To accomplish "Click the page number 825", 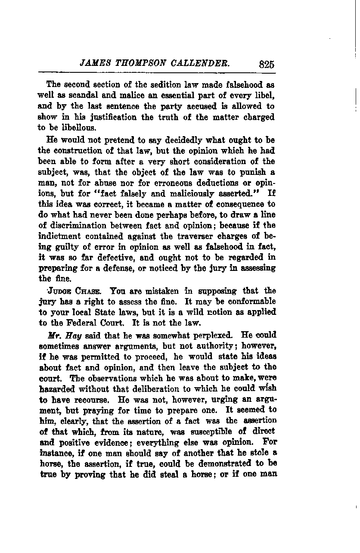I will click(x=267, y=65).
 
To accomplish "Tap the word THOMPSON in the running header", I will click(x=136, y=64).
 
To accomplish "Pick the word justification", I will click(x=102, y=117).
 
